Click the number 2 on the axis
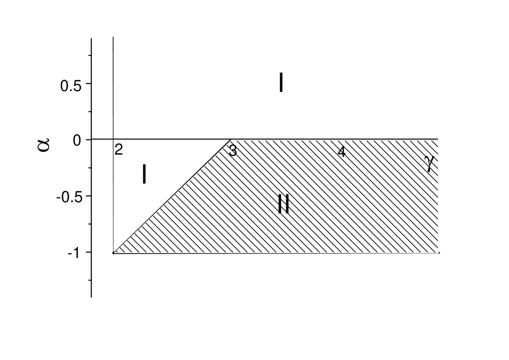pos(118,150)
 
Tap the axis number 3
pos(233,151)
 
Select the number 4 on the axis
pos(342,152)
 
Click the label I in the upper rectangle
pos(281,83)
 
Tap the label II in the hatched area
pos(283,204)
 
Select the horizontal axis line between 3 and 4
pos(287,139)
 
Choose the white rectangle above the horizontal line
pos(196,87)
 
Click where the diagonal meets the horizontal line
pos(231,139)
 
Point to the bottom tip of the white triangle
pos(114,252)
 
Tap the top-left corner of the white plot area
pos(114,37)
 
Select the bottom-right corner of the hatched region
pos(438,252)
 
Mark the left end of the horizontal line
pos(114,139)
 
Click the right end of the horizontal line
pos(438,139)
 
